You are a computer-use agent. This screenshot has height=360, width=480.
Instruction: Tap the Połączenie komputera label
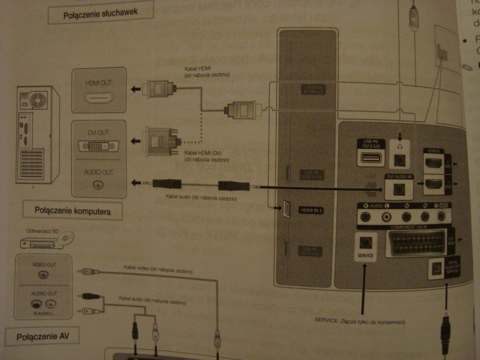pos(73,211)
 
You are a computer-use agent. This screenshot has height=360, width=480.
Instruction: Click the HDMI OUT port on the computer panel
pos(98,98)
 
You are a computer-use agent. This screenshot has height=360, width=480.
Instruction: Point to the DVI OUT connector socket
pos(98,146)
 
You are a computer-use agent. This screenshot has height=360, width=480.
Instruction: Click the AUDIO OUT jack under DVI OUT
pos(98,185)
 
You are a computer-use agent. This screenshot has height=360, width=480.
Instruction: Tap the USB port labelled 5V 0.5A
pos(370,158)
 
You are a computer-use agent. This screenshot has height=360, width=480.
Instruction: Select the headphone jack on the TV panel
pos(400,159)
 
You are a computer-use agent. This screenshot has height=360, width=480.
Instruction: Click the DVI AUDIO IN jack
pos(399,189)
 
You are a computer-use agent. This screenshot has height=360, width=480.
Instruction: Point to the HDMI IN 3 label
pos(311,210)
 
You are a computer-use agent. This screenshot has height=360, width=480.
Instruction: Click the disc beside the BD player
pos(65,238)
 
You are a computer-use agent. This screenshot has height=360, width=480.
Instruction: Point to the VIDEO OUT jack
pos(44,275)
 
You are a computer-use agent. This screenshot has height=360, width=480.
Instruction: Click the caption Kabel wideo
pos(136,267)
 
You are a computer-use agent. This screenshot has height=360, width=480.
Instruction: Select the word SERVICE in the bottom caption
pos(326,322)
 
